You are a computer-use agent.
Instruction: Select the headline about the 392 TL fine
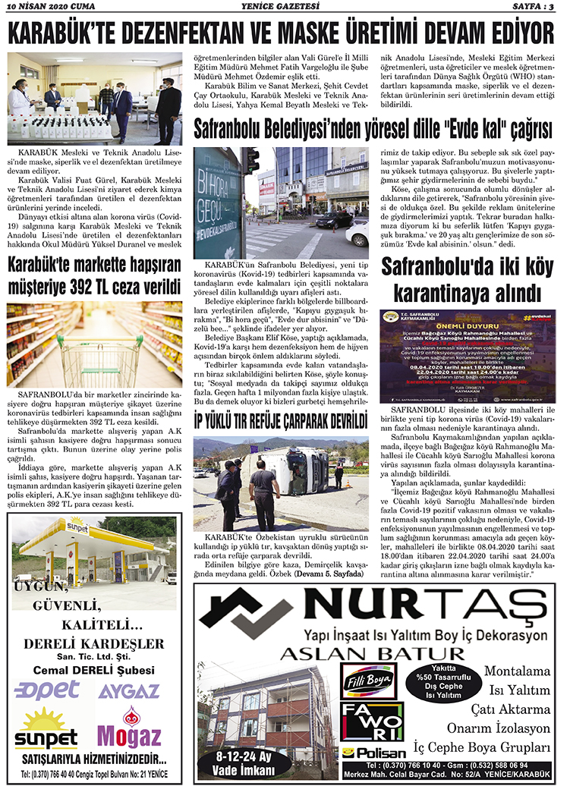94,277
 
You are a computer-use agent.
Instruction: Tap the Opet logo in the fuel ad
47,690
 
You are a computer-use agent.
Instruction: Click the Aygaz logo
129,690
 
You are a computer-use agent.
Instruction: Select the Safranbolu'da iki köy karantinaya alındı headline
466,278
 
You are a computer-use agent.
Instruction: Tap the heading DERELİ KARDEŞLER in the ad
94,644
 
